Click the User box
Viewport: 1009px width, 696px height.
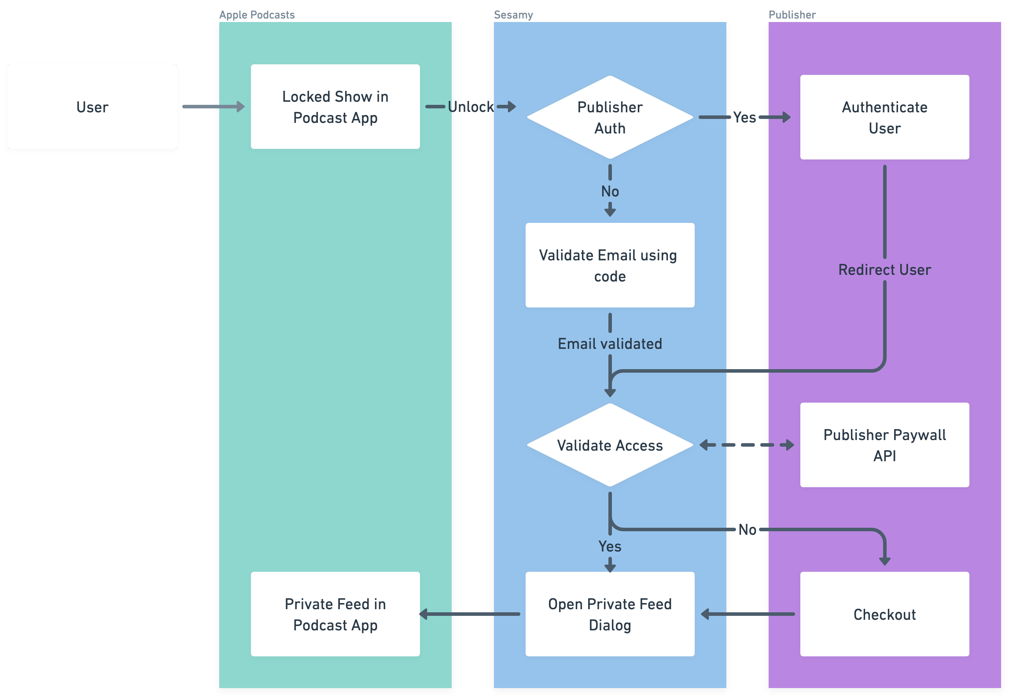[x=92, y=107]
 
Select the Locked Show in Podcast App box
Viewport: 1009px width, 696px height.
[x=335, y=107]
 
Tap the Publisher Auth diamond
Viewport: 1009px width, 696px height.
[x=610, y=117]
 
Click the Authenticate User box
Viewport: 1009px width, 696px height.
[x=884, y=117]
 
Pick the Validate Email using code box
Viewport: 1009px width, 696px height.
[x=610, y=265]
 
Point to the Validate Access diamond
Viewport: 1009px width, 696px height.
[x=610, y=445]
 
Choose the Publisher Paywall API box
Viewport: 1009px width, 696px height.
[x=884, y=445]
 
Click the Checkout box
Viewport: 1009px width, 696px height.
[x=884, y=614]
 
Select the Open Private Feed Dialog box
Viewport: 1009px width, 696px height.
[x=610, y=614]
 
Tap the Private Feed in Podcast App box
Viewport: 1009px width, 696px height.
[x=335, y=614]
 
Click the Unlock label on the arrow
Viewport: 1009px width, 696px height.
[x=471, y=107]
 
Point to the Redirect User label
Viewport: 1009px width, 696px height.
[x=884, y=270]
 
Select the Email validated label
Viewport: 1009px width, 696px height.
[x=610, y=344]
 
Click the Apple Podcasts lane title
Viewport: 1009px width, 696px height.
[x=257, y=15]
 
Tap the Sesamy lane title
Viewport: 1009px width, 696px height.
[x=513, y=15]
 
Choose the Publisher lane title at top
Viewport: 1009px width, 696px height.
[x=792, y=15]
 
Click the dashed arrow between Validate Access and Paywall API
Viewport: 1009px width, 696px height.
[x=747, y=445]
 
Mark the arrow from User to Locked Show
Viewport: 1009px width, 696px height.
[x=214, y=107]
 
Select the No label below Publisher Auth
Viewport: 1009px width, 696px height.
[x=610, y=191]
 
